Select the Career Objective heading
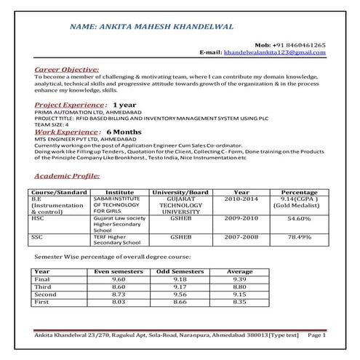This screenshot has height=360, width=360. pyautogui.click(x=67, y=69)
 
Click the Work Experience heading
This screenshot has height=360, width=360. pyautogui.click(x=65, y=132)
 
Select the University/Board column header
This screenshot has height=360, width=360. pyautogui.click(x=180, y=193)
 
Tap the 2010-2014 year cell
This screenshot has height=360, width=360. pyautogui.click(x=241, y=199)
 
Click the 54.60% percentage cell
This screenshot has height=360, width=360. pyautogui.click(x=300, y=217)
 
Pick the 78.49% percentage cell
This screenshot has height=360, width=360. pyautogui.click(x=300, y=236)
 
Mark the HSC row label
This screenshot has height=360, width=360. pyautogui.click(x=37, y=217)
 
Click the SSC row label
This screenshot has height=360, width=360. pyautogui.click(x=36, y=236)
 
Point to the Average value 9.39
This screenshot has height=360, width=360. pyautogui.click(x=240, y=279)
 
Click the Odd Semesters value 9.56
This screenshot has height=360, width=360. pyautogui.click(x=180, y=293)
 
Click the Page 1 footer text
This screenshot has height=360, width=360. pyautogui.click(x=317, y=335)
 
